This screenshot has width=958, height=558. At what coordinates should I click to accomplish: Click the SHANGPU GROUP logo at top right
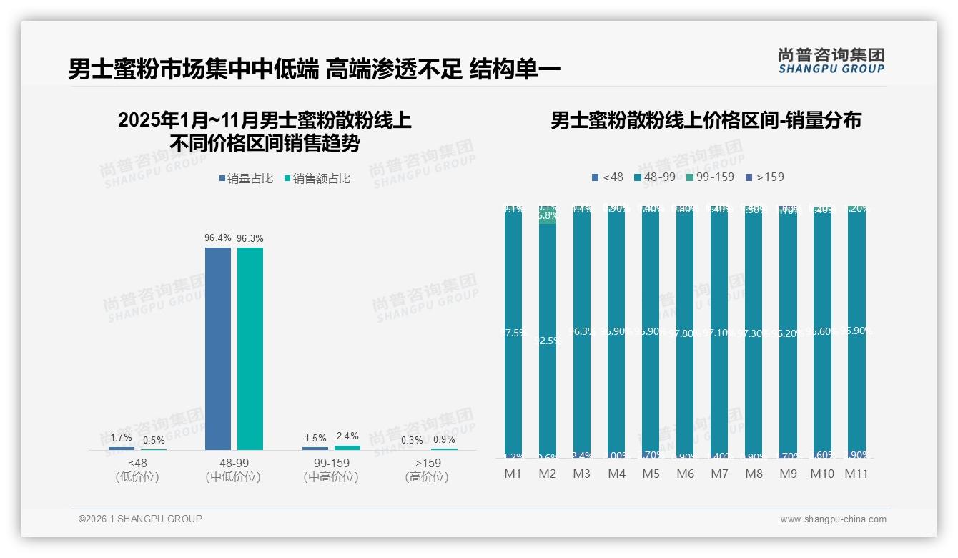[831, 61]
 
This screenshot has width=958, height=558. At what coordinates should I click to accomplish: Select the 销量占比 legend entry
[246, 179]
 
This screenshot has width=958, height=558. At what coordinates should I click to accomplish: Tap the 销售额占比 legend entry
[317, 179]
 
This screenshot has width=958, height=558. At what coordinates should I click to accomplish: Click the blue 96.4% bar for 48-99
[218, 348]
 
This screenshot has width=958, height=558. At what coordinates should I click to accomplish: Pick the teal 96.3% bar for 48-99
[250, 348]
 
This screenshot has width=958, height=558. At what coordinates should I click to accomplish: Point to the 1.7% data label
[122, 437]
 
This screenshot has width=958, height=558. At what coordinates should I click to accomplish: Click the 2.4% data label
[347, 436]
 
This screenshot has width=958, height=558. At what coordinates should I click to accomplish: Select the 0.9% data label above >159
[444, 439]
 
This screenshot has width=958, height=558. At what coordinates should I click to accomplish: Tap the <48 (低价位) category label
[137, 470]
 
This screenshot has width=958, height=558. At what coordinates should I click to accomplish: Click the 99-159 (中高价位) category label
[331, 470]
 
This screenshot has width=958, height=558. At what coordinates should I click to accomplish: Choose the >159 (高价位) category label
[428, 470]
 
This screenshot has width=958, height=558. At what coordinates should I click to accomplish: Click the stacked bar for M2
[548, 333]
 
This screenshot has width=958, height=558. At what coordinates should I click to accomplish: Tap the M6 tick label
[685, 474]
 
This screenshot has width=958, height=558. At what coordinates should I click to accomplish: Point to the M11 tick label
[856, 474]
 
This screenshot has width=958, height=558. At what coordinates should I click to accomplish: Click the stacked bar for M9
[788, 333]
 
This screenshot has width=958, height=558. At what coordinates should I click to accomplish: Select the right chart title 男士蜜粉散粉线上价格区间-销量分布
[706, 120]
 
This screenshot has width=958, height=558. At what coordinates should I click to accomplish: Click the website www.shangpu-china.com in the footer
[833, 519]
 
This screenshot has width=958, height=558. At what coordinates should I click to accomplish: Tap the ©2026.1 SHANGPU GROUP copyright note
[140, 519]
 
